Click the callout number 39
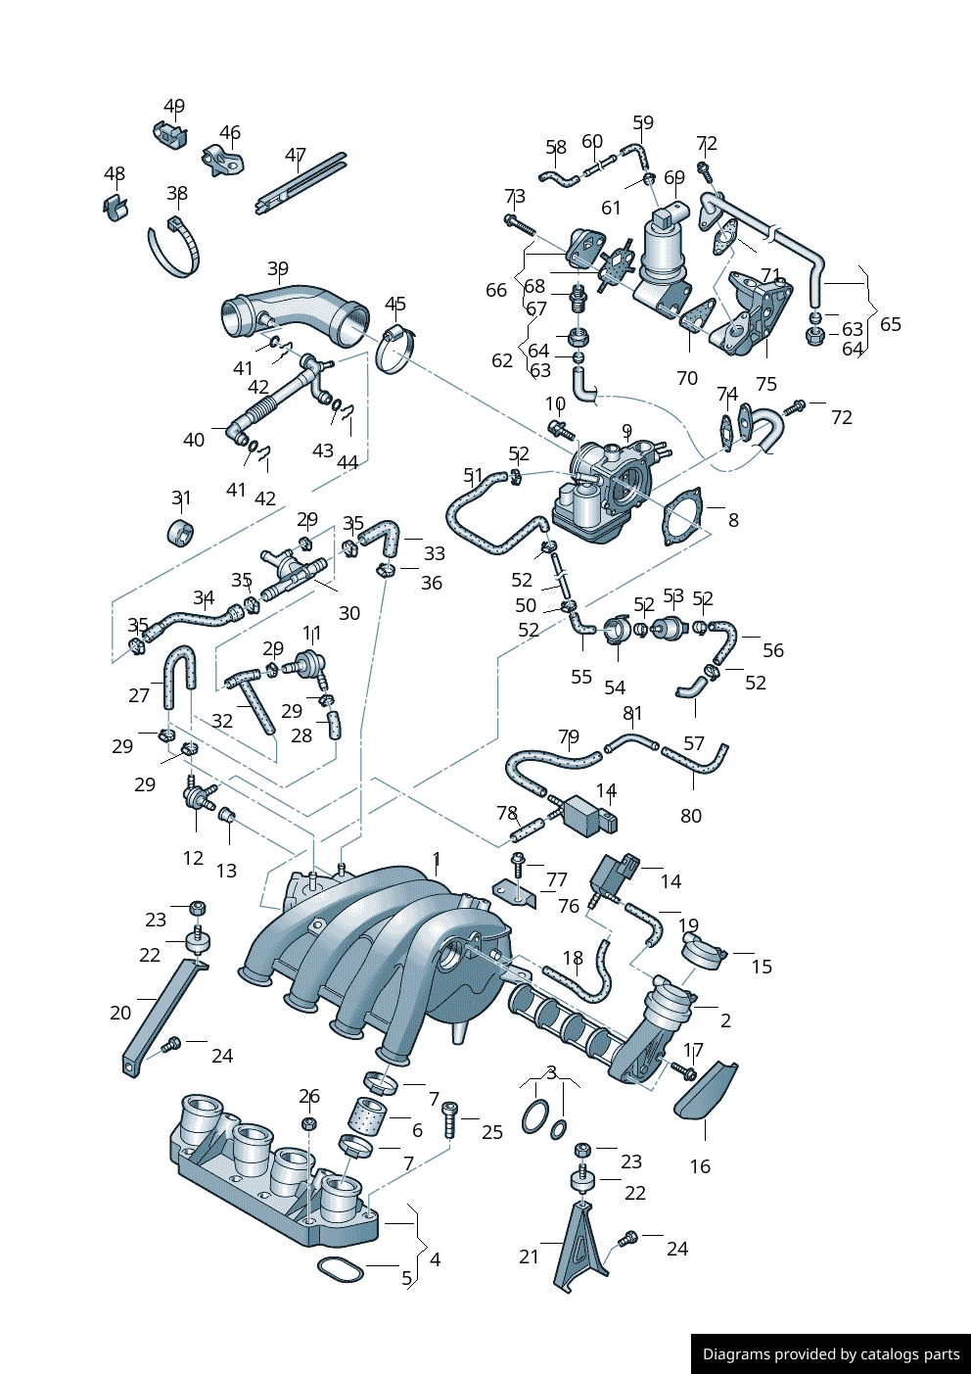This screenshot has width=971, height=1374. (x=278, y=268)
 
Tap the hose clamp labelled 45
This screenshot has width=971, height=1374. (x=393, y=350)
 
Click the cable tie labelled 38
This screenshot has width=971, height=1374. (x=176, y=253)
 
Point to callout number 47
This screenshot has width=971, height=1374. (x=296, y=156)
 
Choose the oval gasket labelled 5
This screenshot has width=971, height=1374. (x=340, y=1270)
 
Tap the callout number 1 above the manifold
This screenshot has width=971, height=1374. (x=437, y=861)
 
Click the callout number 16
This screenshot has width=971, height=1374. (x=700, y=1166)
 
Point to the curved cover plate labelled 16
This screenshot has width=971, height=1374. (x=707, y=1091)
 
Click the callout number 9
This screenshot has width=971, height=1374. (x=626, y=431)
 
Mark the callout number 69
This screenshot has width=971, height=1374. (x=674, y=177)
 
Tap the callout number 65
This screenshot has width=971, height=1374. (x=891, y=324)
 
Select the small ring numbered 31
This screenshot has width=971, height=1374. (x=181, y=534)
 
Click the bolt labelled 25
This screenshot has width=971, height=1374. (x=450, y=1120)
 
